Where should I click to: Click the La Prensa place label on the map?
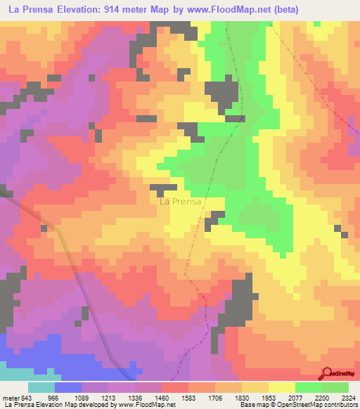[181, 202]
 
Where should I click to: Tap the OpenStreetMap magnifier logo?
[328, 373]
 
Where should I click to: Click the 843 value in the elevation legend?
[23, 397]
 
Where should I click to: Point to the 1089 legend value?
[81, 397]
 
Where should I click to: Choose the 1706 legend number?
[216, 397]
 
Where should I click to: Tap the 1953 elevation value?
[269, 397]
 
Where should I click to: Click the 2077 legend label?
[295, 397]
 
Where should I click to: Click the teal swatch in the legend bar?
[41, 387]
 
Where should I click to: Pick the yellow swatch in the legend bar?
[282, 387]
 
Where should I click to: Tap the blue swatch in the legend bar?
[68, 387]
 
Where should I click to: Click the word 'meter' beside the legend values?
[8, 397]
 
